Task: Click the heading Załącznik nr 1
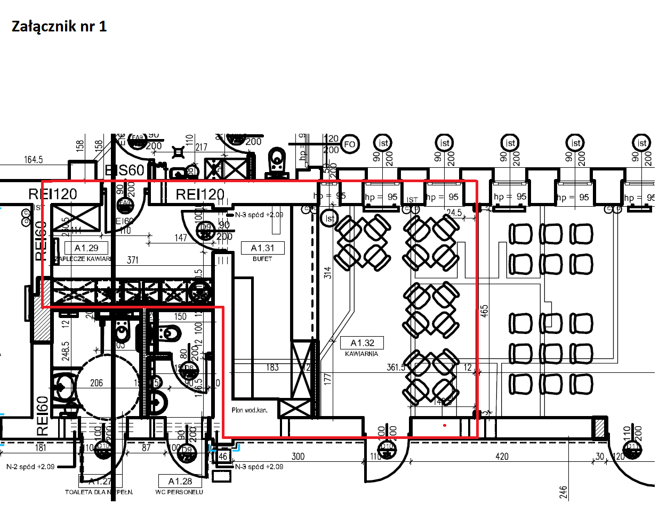click(59, 27)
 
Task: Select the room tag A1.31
click(262, 248)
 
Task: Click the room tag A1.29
click(86, 248)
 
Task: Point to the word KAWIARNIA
click(362, 354)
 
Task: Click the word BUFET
click(263, 259)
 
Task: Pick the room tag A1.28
click(180, 481)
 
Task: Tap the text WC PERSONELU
click(179, 492)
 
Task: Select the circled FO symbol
click(350, 144)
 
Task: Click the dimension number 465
click(484, 311)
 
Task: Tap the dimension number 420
click(502, 457)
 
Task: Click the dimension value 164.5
click(33, 159)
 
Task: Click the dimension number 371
click(133, 260)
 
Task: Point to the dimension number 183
click(272, 368)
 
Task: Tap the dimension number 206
click(97, 382)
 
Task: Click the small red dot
click(445, 426)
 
